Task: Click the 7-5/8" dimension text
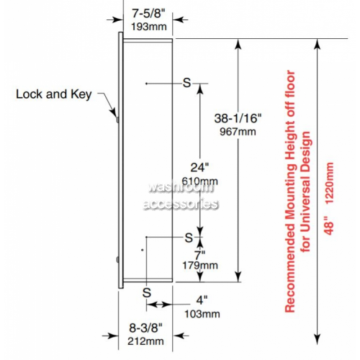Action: [x=148, y=14]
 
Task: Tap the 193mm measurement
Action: [x=149, y=27]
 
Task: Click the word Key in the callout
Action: [x=81, y=94]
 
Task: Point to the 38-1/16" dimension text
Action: [x=238, y=118]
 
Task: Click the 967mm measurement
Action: [x=238, y=132]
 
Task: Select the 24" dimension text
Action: [x=199, y=167]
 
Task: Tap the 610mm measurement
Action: [x=199, y=181]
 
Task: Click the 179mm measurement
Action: [x=200, y=266]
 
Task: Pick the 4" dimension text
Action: [x=202, y=300]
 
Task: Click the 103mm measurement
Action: [x=202, y=314]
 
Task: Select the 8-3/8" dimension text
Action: [x=145, y=328]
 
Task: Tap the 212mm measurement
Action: [x=145, y=341]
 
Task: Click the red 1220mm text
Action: [x=329, y=184]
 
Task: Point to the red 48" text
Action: [x=329, y=225]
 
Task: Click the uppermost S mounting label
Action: [x=186, y=83]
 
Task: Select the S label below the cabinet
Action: [x=147, y=293]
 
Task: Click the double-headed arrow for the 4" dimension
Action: [x=158, y=305]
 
